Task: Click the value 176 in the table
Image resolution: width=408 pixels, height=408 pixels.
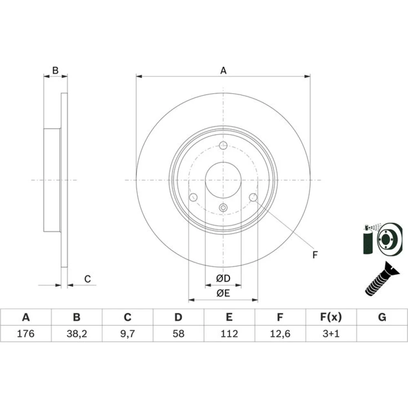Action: coord(25,333)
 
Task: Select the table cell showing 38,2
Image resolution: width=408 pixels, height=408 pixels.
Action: coord(77,333)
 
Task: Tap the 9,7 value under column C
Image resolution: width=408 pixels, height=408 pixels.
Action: coord(127,333)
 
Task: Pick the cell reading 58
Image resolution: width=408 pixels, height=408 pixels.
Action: coord(179,333)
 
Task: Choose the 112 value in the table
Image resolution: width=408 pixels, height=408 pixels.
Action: coord(229,333)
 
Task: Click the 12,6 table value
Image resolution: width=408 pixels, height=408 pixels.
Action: coord(280,333)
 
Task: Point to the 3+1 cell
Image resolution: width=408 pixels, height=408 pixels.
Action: coord(331,333)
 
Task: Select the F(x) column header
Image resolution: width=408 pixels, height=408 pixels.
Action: coord(331,317)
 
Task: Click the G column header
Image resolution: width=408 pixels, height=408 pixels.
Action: coord(382,317)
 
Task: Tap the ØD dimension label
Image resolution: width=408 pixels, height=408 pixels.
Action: coord(223,278)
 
